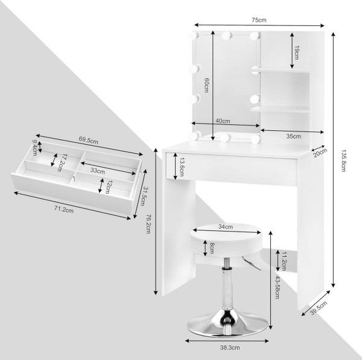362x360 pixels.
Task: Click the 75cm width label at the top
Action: [259, 20]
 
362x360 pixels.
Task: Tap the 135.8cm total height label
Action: [343, 161]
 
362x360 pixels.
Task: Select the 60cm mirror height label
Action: [206, 85]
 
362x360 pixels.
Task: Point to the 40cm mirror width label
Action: [223, 121]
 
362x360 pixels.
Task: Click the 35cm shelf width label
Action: [294, 136]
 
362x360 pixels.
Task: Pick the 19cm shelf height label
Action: [296, 52]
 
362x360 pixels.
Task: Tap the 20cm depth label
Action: [320, 153]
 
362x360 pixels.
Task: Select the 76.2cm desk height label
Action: [148, 224]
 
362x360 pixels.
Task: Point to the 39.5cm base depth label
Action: [319, 308]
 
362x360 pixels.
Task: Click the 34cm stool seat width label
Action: [226, 227]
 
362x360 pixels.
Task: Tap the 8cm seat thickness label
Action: [212, 248]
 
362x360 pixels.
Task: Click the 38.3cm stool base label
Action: [230, 347]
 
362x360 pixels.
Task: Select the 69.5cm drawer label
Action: [89, 140]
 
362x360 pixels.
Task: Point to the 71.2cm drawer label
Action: [64, 209]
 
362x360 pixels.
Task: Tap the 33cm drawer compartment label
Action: [98, 171]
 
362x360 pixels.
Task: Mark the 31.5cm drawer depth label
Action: [144, 196]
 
